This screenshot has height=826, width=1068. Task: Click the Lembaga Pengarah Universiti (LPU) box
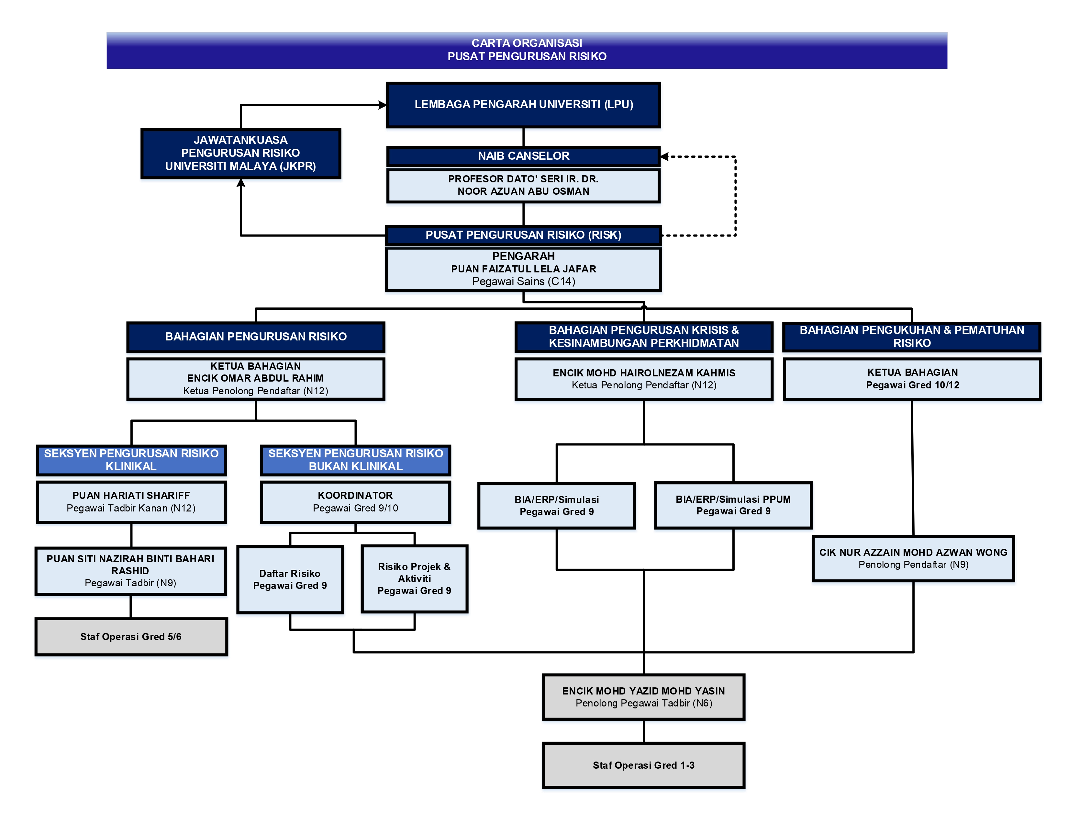click(523, 105)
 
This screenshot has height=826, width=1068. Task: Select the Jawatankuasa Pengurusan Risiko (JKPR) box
click(240, 154)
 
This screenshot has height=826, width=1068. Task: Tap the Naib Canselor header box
click(523, 156)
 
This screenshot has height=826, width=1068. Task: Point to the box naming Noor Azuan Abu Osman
click(523, 186)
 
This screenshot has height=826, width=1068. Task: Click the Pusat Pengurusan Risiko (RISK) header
click(523, 235)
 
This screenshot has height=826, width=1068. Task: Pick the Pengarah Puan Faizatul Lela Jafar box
click(523, 269)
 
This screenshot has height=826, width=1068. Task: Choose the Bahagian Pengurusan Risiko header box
click(256, 337)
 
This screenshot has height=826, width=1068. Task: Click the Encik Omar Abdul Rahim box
click(256, 379)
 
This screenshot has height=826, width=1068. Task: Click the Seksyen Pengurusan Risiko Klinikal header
click(131, 460)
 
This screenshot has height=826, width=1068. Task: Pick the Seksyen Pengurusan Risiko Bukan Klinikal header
click(355, 460)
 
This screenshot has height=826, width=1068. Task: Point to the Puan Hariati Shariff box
click(131, 502)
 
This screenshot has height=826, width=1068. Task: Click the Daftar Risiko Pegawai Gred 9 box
click(290, 579)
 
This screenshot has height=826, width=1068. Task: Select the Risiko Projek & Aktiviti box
click(414, 579)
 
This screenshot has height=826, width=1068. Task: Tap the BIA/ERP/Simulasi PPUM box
click(733, 506)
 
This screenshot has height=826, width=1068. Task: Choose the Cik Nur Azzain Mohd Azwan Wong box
click(913, 558)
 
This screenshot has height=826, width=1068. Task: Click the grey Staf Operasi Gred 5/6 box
click(131, 637)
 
